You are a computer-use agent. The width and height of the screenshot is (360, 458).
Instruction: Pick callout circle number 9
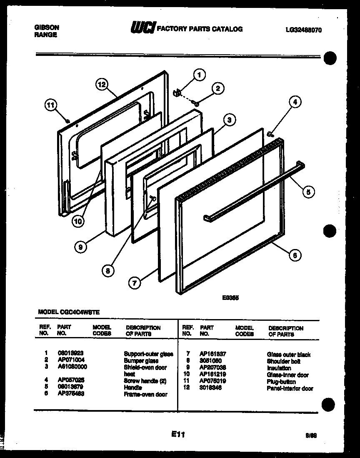pos(80,247)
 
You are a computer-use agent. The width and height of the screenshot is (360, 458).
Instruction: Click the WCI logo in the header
pos(143,28)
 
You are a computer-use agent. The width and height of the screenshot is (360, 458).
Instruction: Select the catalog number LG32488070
pos(304,30)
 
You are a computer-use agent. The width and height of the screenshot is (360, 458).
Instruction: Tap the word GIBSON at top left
pos(46,27)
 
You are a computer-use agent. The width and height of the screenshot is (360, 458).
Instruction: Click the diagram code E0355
pos(230,298)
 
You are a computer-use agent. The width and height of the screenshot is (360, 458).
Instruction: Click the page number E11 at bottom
pos(178,435)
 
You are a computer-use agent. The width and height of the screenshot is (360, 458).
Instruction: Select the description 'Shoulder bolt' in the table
pos(283,361)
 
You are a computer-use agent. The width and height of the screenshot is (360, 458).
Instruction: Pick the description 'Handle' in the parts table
pos(132,388)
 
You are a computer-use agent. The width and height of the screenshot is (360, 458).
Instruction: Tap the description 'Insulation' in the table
pos(279,368)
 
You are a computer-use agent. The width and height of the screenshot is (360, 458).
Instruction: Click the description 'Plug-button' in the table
pos(281,381)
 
